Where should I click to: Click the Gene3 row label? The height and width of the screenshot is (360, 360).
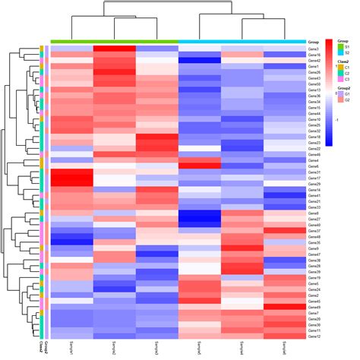pos(313,49)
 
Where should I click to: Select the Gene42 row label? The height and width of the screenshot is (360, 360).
pos(314,61)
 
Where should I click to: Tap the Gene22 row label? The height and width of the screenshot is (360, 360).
pos(314,148)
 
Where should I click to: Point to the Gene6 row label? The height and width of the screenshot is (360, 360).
pos(313,166)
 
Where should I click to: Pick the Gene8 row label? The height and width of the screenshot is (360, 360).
pos(313,213)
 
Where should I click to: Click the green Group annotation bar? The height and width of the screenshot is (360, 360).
pos(114,41)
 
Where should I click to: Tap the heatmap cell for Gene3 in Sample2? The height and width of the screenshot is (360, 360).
pos(114,49)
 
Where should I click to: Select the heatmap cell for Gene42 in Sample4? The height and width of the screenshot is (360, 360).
pos(199,61)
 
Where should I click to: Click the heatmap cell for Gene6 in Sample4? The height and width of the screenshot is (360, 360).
pos(199,166)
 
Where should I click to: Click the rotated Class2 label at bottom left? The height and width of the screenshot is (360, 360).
pos(40,348)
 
